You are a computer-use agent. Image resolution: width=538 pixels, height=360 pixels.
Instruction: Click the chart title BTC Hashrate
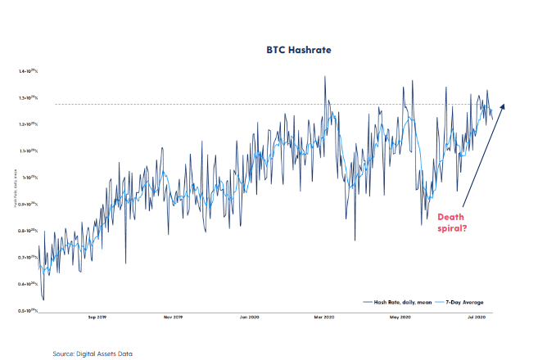270,51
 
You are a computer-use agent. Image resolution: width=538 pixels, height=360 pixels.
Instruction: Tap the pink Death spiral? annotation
450,223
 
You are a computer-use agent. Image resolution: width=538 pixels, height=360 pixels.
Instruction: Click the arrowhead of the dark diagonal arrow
503,106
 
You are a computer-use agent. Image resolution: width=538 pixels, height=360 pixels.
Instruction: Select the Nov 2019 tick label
172,317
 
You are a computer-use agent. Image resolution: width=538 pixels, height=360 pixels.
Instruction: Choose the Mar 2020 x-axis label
323,317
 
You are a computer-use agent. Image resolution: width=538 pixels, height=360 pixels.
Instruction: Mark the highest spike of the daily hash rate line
325,77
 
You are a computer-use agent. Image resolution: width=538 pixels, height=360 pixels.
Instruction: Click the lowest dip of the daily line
43,299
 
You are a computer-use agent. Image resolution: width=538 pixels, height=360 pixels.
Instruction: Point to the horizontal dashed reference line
246,104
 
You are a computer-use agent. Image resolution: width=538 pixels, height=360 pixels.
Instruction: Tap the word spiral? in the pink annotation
451,229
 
